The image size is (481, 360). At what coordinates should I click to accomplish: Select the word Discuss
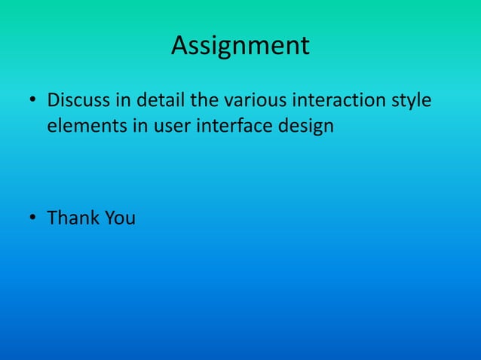(x=76, y=100)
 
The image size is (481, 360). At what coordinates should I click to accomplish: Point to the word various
(x=255, y=100)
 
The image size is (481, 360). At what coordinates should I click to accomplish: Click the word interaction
(x=340, y=100)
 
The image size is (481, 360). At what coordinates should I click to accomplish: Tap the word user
(x=173, y=127)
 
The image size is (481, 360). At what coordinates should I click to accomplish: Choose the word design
(x=307, y=127)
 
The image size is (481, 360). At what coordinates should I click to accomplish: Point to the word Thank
(x=73, y=218)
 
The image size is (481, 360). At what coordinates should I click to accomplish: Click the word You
(x=120, y=218)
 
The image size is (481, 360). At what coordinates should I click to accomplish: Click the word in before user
(x=141, y=127)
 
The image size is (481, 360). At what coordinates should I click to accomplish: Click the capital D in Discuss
(x=53, y=100)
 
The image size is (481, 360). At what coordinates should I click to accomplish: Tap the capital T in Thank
(x=52, y=218)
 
